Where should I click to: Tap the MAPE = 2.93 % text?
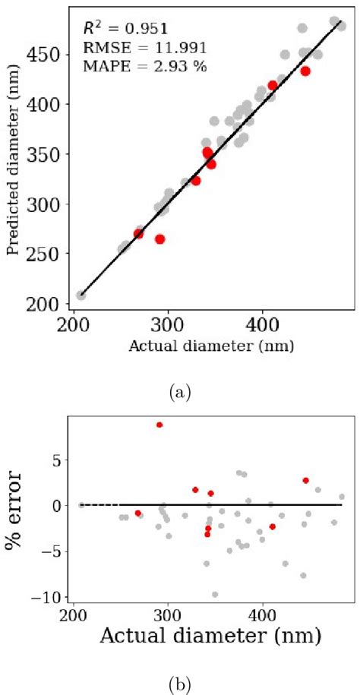coord(144,66)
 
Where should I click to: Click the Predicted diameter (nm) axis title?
coord(13,178)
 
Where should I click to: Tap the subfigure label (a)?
coord(180,393)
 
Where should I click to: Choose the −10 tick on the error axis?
coord(50,598)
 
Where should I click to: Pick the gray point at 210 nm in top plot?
coord(81,295)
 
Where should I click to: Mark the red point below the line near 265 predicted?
coord(159,239)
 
